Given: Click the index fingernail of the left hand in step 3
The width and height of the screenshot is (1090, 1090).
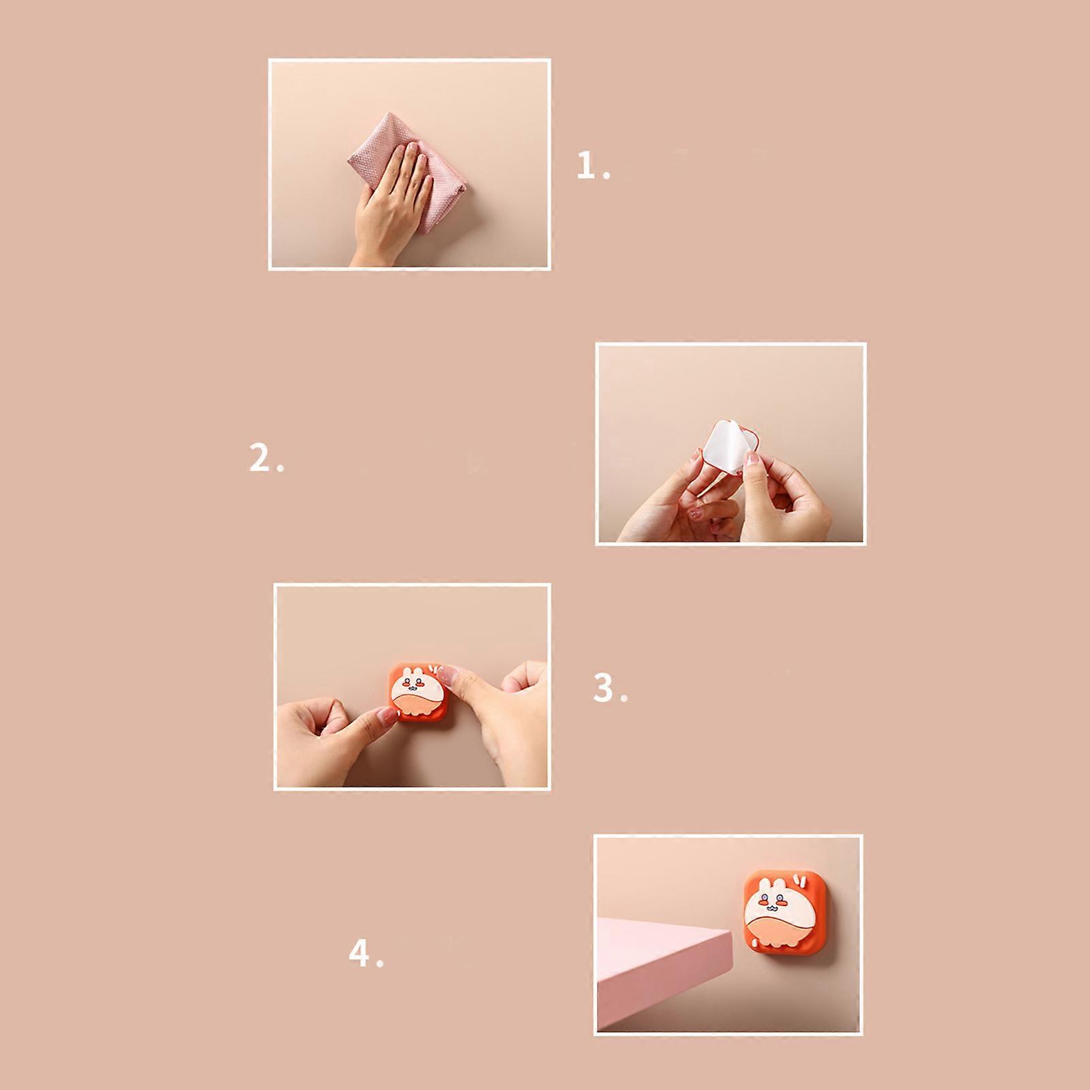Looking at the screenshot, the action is click(x=386, y=714).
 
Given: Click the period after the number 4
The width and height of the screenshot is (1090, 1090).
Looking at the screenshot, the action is click(x=380, y=963).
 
